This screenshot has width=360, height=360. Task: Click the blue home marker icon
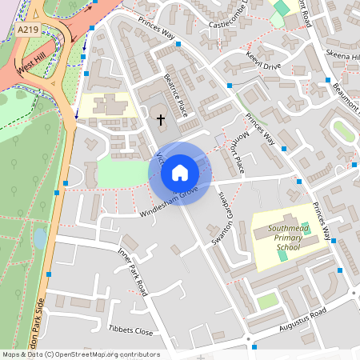[x=180, y=172]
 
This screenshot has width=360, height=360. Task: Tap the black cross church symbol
[x=160, y=120]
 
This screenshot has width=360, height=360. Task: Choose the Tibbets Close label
[x=130, y=330]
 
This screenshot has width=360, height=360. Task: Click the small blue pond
[x=40, y=238]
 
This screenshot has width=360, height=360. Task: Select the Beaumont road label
[x=346, y=98]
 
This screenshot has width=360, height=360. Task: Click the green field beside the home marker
[x=120, y=171]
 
